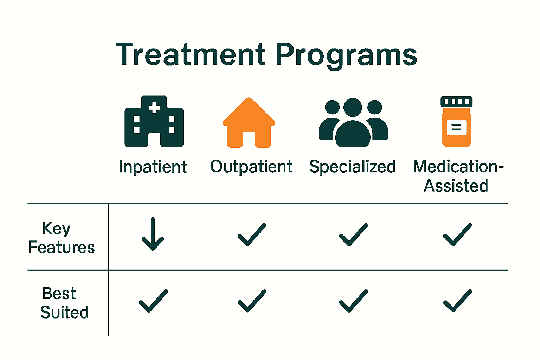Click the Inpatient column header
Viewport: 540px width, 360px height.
tap(153, 167)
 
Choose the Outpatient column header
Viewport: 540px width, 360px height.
tap(251, 167)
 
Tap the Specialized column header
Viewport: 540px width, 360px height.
tap(353, 167)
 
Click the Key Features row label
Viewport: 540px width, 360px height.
tap(61, 238)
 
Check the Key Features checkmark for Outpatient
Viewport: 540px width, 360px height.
tap(252, 234)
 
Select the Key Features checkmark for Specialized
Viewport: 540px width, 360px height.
tap(353, 234)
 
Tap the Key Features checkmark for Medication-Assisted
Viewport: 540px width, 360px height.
tap(457, 234)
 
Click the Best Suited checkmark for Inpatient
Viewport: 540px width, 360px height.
tap(153, 301)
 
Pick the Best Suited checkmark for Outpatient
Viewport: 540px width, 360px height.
tap(252, 301)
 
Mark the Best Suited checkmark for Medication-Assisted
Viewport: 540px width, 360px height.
tap(457, 301)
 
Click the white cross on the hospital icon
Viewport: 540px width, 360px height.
tap(154, 108)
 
